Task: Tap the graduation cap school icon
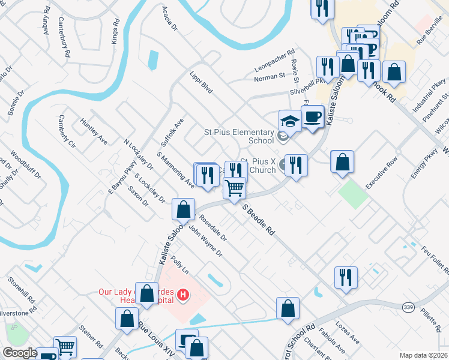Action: pos(290,121)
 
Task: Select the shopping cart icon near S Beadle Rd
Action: pos(234,188)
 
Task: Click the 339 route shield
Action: pos(409,307)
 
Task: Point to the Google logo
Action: pos(19,353)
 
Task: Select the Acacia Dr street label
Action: pos(170,19)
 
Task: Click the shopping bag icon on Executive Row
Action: pos(342,161)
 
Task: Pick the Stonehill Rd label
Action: pos(22,290)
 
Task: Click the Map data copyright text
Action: pos(424,355)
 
